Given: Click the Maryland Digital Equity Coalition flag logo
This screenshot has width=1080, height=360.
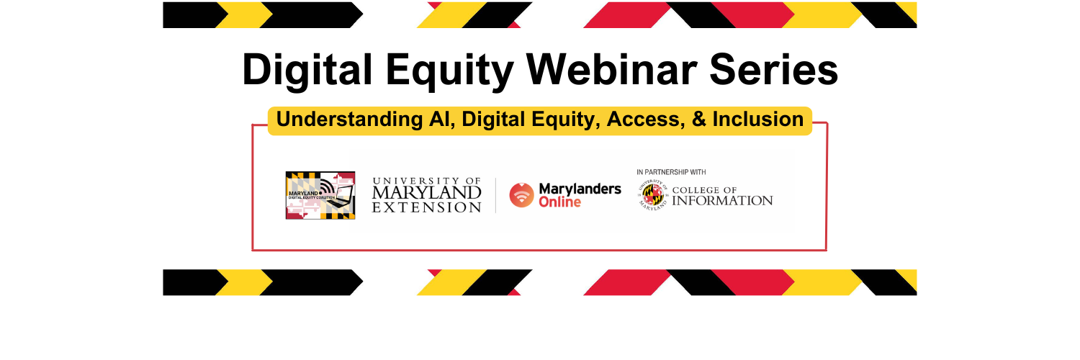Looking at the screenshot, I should (320, 194).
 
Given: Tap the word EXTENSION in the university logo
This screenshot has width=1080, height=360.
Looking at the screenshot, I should (427, 207).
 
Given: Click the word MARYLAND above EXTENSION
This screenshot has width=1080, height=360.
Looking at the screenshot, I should (427, 193).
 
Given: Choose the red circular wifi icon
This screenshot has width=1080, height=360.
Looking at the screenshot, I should (521, 194).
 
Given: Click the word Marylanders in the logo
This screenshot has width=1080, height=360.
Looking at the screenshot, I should (580, 188).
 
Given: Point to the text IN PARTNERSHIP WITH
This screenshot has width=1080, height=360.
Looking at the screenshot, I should (671, 172).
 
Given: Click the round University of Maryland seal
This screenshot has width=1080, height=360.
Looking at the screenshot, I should (653, 196).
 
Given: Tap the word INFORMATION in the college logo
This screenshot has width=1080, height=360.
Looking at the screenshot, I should (722, 201).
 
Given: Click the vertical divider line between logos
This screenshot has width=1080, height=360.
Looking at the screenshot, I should (495, 195).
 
